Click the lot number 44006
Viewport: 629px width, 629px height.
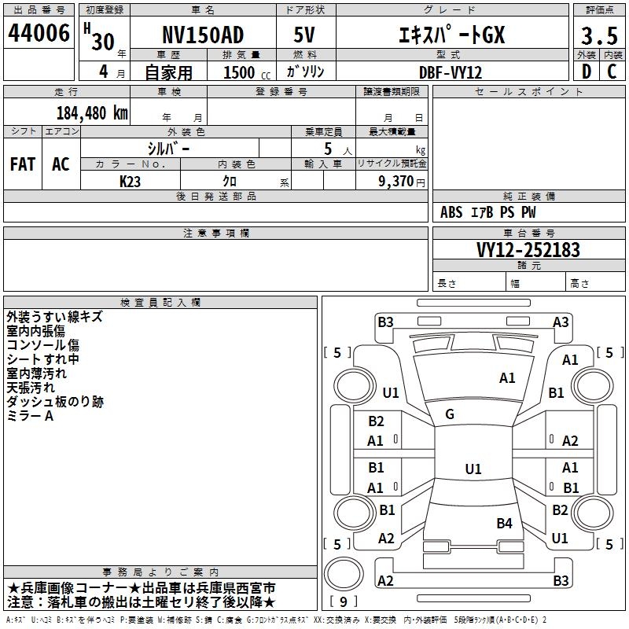click(39, 33)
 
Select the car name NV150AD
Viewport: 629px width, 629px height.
click(203, 35)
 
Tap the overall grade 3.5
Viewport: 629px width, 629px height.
click(599, 35)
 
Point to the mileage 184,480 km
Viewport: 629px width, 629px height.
click(92, 113)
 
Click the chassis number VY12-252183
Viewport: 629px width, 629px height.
click(528, 250)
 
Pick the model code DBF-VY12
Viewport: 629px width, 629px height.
click(451, 72)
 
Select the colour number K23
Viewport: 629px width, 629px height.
click(130, 182)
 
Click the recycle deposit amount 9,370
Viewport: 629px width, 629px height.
click(396, 182)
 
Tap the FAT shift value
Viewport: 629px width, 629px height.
click(23, 164)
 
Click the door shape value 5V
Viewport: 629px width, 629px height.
click(304, 35)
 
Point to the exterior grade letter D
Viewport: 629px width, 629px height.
click(587, 72)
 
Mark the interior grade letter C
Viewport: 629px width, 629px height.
click(612, 72)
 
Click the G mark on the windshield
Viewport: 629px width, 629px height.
click(450, 414)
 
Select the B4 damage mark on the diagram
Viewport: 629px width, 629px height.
click(504, 523)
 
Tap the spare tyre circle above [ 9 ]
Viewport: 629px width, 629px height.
click(344, 574)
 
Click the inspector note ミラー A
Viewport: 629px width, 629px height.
click(30, 416)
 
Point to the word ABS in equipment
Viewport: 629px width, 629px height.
click(451, 212)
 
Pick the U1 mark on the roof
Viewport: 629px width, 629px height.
click(473, 469)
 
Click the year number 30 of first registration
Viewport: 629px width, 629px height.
click(103, 42)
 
